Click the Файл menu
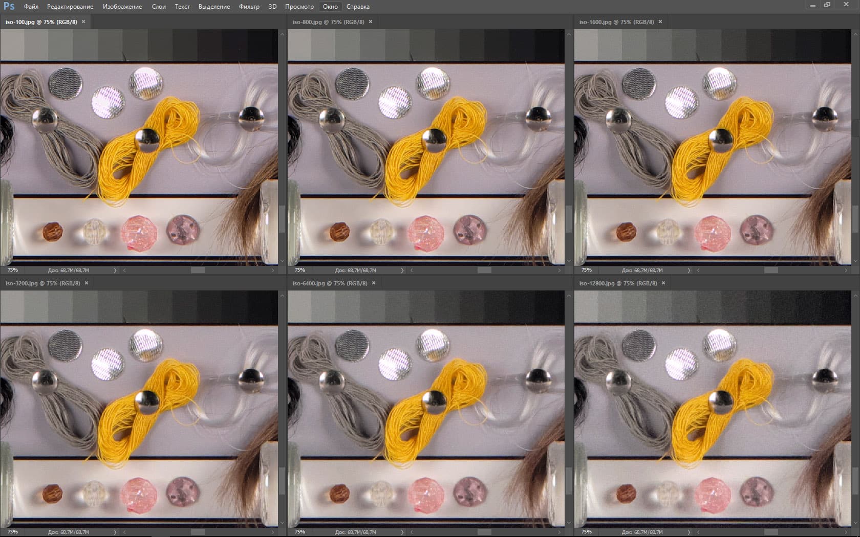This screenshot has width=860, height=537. point(31,7)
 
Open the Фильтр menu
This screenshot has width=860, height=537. point(249,7)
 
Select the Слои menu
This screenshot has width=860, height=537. point(159,7)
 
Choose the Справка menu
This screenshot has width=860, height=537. point(358,7)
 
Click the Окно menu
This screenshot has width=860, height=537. point(330,7)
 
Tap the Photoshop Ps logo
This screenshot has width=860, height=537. point(9,6)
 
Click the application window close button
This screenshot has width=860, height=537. point(846,5)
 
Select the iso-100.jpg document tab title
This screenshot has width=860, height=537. point(41,22)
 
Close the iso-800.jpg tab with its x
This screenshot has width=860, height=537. point(371,22)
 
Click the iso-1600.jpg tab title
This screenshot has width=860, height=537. point(616,22)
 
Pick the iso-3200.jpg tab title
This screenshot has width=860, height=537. point(42,283)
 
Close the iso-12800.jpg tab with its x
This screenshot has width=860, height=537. point(663,283)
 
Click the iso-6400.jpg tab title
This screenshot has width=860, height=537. point(330,283)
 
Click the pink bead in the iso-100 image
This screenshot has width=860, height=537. point(139,233)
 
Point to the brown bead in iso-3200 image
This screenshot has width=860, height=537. point(52,494)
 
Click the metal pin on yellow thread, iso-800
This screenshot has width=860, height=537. point(434,140)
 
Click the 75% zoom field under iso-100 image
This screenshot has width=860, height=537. point(13,270)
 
